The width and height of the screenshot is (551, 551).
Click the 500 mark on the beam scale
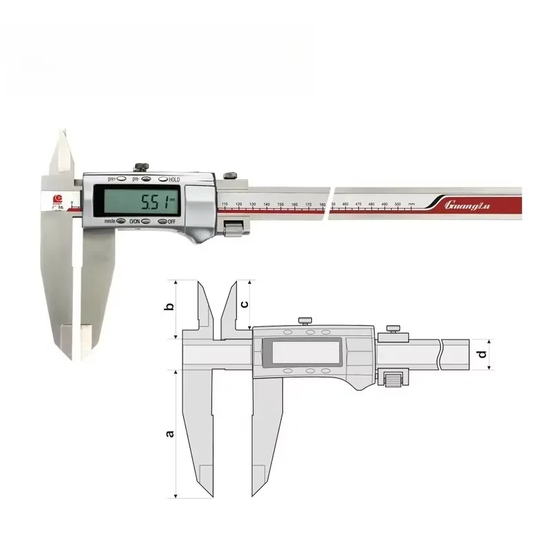tap(397, 205)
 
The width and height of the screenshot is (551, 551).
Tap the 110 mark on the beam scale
tap(225, 205)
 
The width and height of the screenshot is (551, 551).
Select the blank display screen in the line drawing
tap(303, 353)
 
